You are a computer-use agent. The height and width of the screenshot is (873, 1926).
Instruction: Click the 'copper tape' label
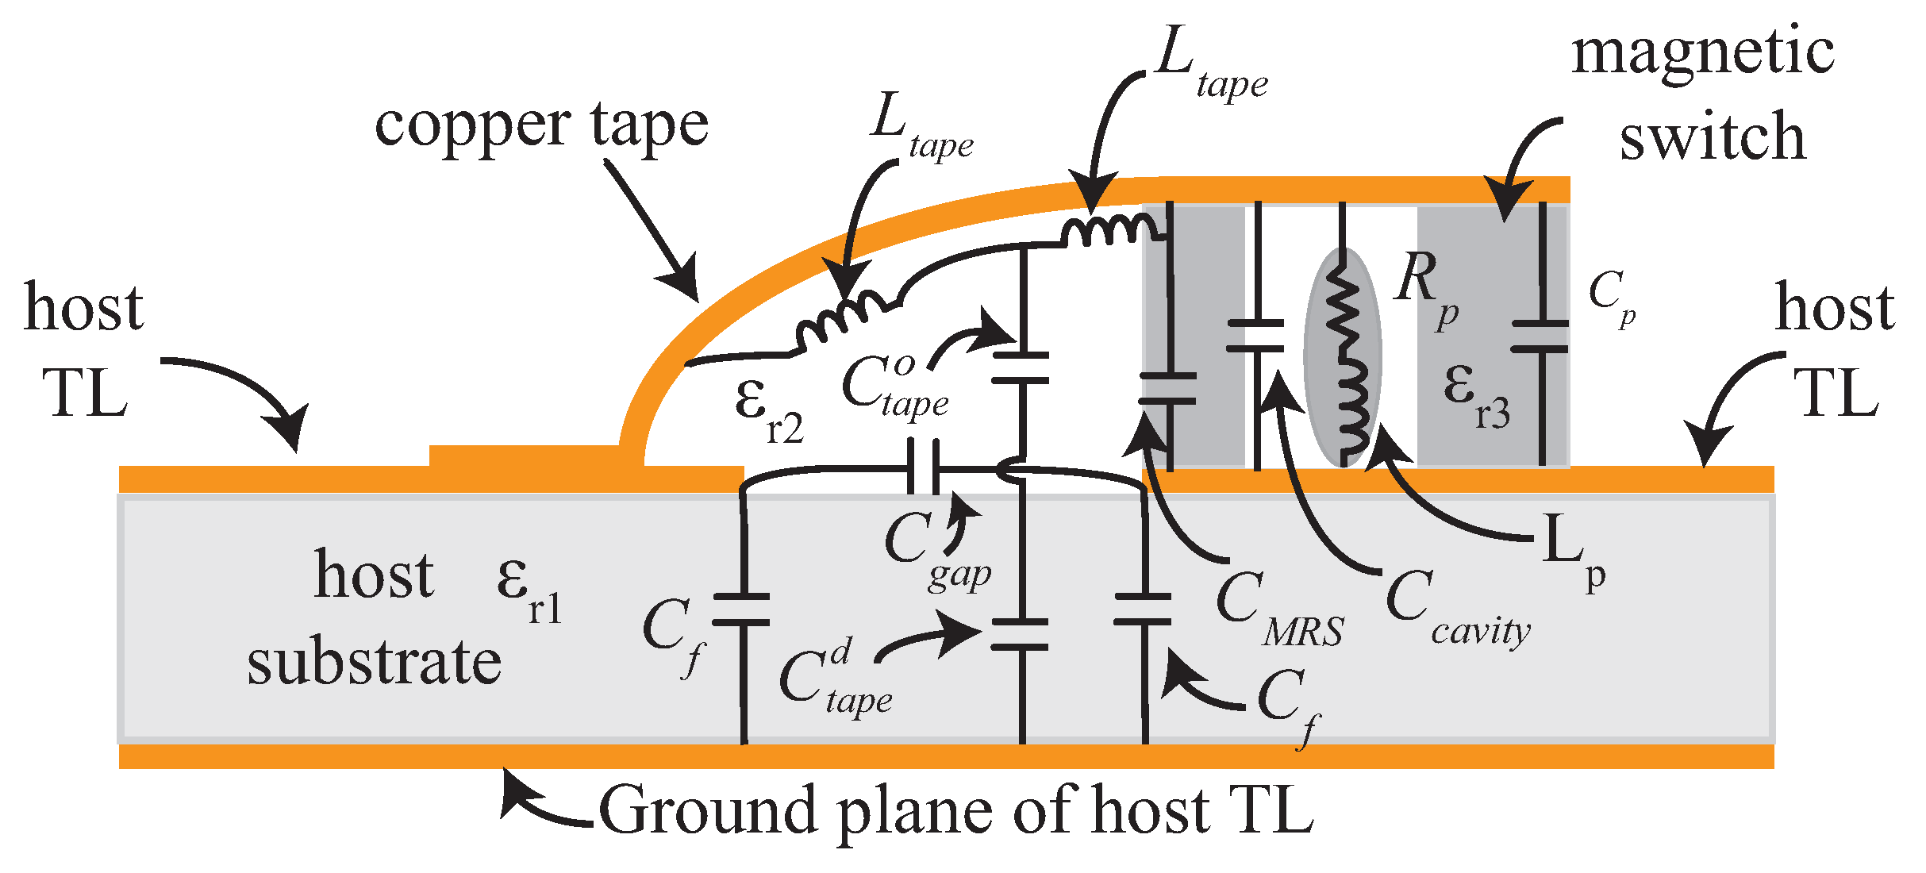541,125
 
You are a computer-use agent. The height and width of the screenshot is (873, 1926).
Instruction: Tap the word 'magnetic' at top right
1703,53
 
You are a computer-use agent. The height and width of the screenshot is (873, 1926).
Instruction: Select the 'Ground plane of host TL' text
955,811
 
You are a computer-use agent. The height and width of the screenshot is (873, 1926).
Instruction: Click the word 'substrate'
374,663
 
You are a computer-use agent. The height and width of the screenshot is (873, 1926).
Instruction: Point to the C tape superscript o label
894,386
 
